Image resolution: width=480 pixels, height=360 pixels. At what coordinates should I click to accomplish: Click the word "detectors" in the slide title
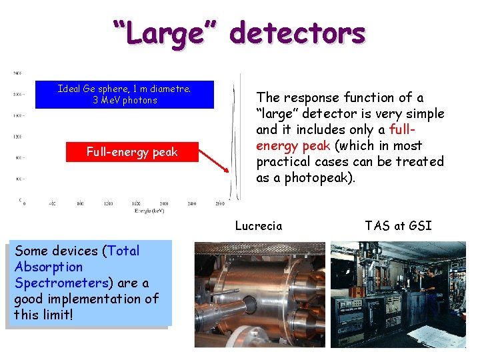299,33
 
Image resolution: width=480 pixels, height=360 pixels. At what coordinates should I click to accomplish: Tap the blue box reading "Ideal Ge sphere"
125,94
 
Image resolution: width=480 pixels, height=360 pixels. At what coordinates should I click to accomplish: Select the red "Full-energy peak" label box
132,152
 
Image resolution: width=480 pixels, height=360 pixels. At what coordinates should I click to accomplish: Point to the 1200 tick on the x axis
108,203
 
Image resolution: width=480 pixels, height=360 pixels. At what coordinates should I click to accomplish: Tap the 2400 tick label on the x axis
192,203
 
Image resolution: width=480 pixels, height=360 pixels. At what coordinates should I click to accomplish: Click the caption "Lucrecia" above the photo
258,226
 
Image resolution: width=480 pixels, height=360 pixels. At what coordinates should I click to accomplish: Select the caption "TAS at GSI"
398,226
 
